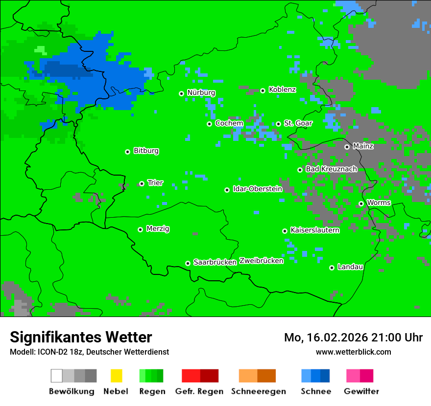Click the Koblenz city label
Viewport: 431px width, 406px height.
(282, 90)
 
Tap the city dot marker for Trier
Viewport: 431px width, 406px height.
(142, 183)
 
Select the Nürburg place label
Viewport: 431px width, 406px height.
(201, 92)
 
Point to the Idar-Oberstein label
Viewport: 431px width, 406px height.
(258, 189)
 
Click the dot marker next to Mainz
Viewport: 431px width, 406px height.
(347, 147)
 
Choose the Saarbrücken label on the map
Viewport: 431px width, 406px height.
(215, 262)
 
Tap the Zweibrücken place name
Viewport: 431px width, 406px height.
(261, 261)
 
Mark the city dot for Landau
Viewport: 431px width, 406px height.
(332, 268)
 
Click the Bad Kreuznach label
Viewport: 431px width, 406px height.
(331, 169)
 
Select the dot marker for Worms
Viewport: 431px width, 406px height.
(361, 203)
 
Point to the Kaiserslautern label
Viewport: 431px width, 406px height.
(314, 230)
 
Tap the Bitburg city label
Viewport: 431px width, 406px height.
(146, 151)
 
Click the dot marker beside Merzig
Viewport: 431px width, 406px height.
(140, 229)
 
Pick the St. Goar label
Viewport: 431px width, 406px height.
(298, 123)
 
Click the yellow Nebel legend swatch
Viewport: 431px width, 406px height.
(116, 376)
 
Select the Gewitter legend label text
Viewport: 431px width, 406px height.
(361, 391)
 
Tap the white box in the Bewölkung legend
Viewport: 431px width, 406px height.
(57, 376)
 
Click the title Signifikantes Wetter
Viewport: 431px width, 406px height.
(81, 337)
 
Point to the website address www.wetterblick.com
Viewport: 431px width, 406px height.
(353, 352)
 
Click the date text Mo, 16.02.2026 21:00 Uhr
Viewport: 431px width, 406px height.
(353, 338)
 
